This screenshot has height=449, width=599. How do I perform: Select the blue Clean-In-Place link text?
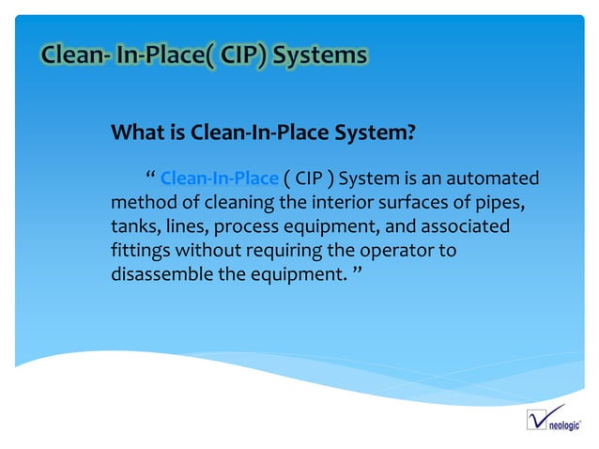[x=220, y=178]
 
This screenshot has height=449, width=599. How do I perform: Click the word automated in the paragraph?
[x=493, y=178]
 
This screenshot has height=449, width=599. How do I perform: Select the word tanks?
[x=134, y=227]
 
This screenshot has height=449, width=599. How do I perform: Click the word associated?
[x=462, y=227]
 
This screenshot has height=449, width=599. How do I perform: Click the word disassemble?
[x=162, y=277]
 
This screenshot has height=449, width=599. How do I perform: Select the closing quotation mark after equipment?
[x=356, y=273]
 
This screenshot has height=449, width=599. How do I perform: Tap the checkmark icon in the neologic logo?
[x=538, y=417]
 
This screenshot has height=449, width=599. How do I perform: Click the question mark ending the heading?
[x=410, y=133]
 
